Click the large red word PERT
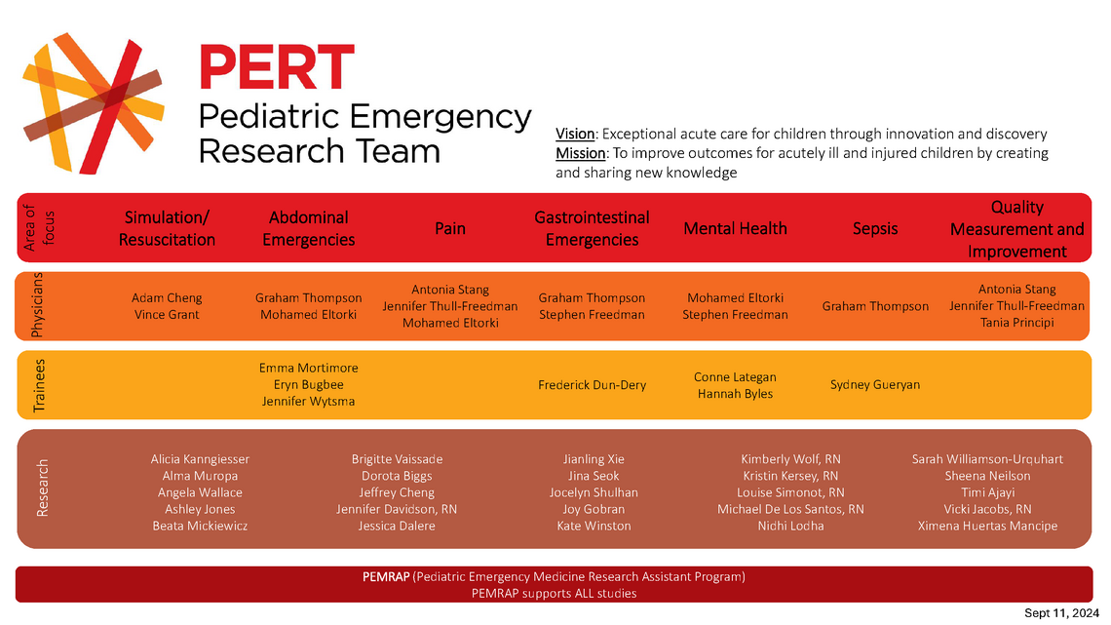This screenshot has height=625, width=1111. click(x=276, y=68)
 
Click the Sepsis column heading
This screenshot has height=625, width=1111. click(x=875, y=228)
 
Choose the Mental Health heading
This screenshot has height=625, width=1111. click(x=735, y=228)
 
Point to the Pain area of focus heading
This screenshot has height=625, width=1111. click(x=450, y=228)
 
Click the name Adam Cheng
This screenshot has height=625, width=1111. click(x=166, y=297)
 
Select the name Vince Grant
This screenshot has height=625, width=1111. click(x=166, y=315)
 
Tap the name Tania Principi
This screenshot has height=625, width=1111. click(x=1017, y=323)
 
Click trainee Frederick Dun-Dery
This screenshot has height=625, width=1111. click(x=592, y=385)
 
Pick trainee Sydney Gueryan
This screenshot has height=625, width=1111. click(x=875, y=385)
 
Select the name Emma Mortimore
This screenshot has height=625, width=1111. click(x=308, y=368)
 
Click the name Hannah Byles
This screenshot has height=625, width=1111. click(x=735, y=394)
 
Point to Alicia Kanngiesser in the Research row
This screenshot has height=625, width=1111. click(x=200, y=458)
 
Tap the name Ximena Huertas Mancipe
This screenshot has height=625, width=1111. click(x=987, y=526)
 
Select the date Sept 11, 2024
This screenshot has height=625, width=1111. click(x=1060, y=612)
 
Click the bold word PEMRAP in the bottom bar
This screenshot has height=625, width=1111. click(x=386, y=576)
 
